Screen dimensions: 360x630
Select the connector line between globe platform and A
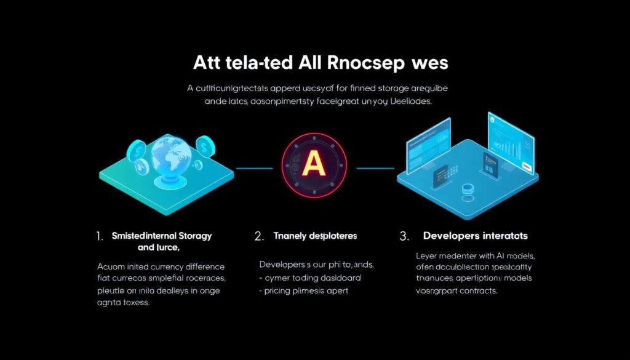pyautogui.click(x=253, y=167)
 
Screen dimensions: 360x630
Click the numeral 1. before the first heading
pyautogui.click(x=100, y=236)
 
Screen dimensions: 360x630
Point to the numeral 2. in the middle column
pyautogui.click(x=259, y=236)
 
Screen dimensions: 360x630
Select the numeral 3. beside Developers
pyautogui.click(x=404, y=236)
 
